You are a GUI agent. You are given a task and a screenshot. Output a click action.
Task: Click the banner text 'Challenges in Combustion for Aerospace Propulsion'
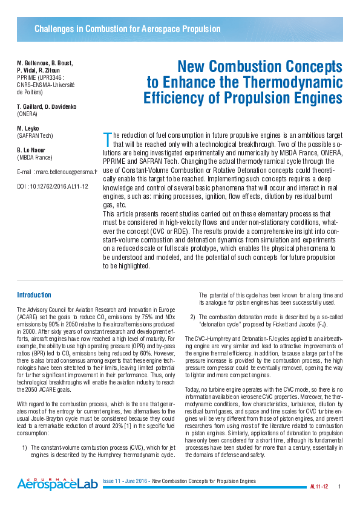click(127, 29)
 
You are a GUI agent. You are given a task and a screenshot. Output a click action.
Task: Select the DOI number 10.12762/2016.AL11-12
click(60, 186)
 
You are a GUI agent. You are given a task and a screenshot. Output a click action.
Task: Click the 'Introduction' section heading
click(34, 295)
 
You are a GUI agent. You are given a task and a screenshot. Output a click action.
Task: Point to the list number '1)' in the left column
click(25, 447)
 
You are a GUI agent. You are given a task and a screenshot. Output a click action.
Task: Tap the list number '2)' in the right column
click(192, 316)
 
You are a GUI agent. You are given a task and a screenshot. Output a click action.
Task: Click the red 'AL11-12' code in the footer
click(318, 487)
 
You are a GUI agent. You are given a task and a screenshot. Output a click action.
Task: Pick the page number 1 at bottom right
click(339, 487)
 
